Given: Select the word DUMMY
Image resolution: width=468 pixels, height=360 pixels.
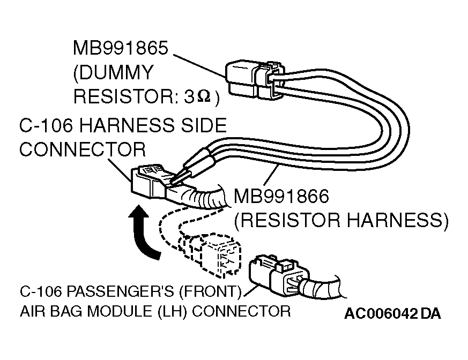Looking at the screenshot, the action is pos(113,72).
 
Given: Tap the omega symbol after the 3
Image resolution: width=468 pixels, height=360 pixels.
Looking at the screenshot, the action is pos(204,97).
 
